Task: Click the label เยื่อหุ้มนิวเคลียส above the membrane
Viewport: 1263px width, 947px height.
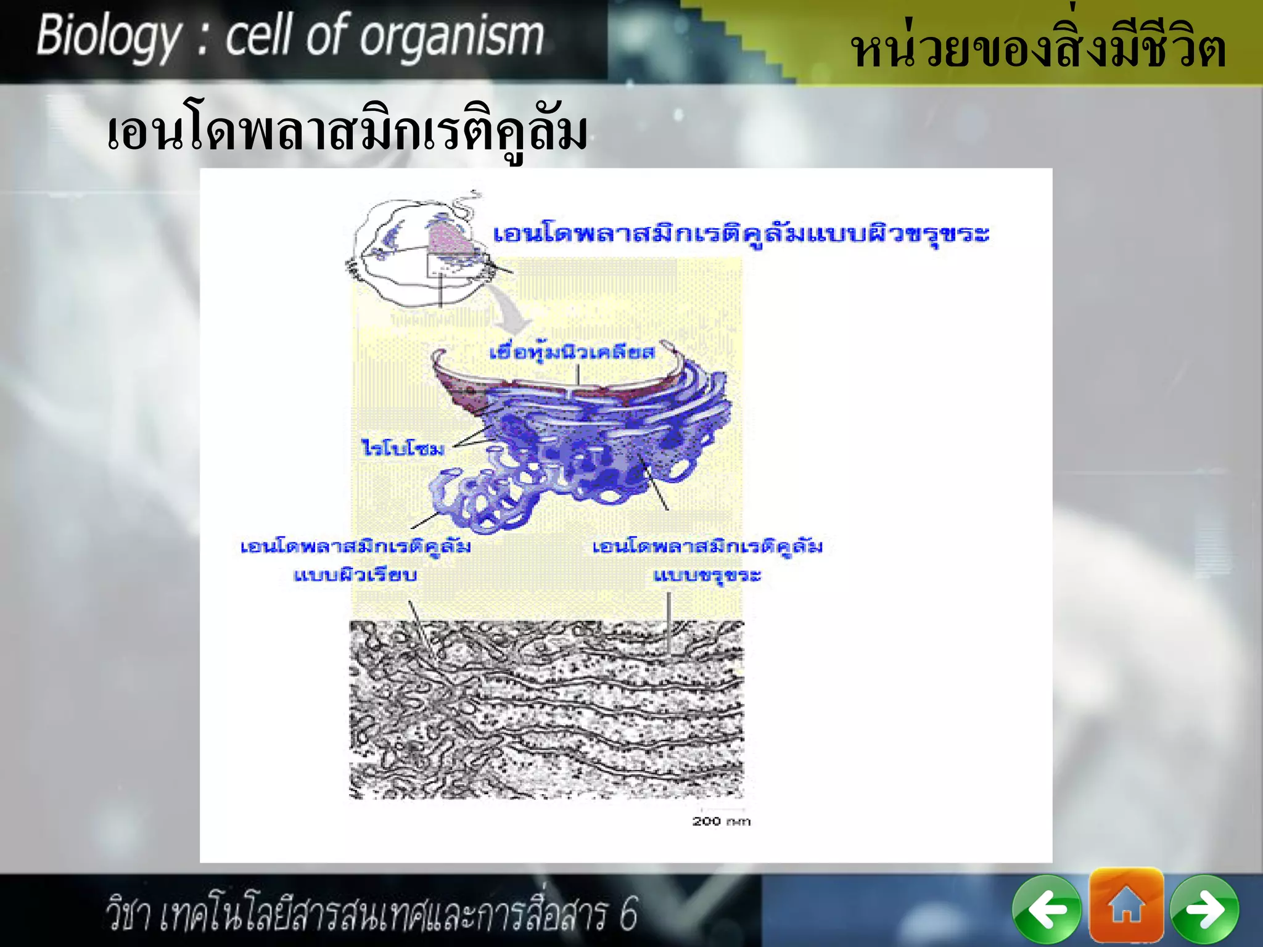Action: pos(572,353)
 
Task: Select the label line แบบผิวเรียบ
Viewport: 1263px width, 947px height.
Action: pos(355,575)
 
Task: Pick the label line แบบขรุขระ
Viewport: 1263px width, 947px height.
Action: pos(707,575)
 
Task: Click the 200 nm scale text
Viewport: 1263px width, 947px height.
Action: pos(721,821)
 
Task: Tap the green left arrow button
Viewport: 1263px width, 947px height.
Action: pos(1047,909)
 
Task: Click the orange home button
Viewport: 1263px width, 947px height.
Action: pos(1126,905)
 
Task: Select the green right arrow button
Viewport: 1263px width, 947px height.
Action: pos(1204,909)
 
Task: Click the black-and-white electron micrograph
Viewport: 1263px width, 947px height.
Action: pos(546,709)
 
